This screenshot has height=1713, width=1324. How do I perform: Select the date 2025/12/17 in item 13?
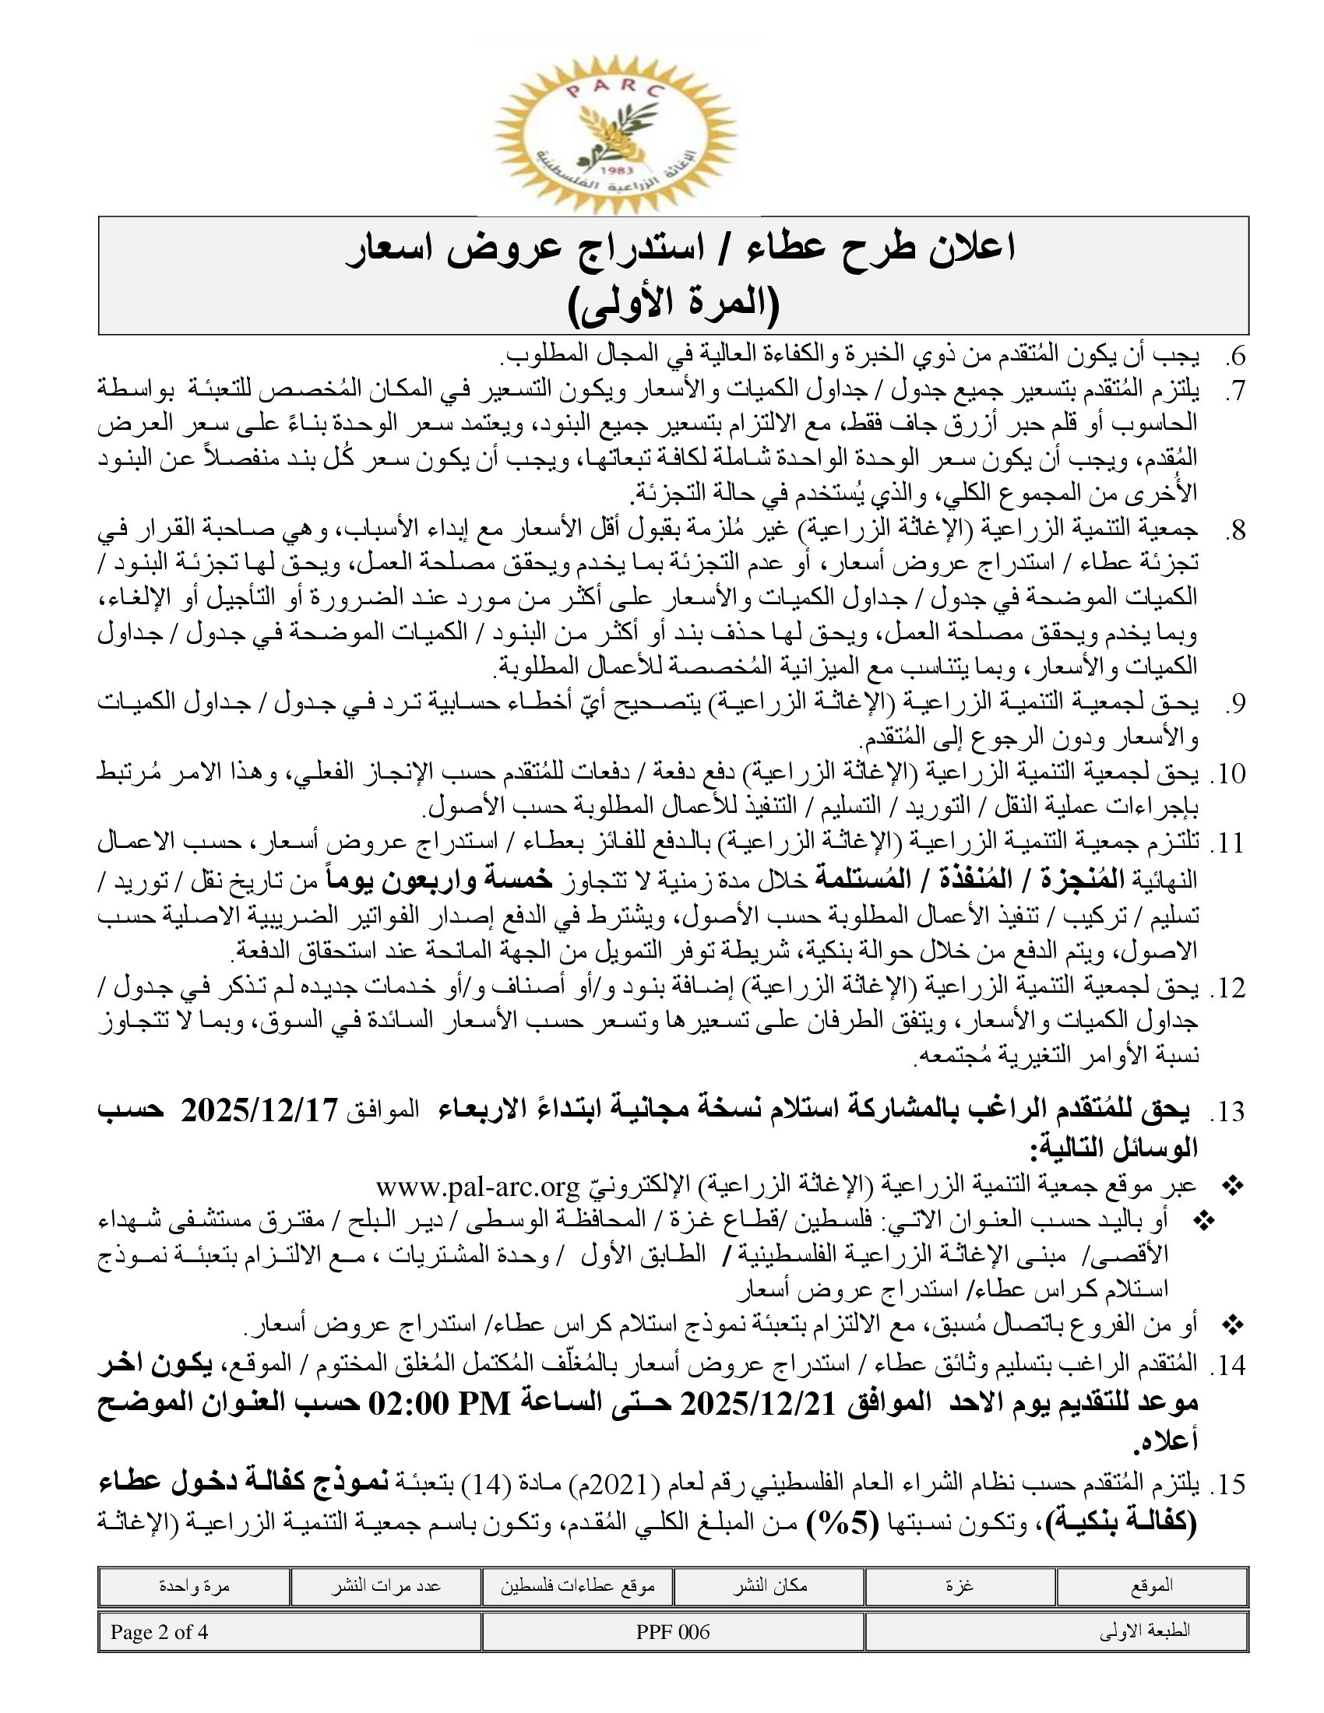point(259,1111)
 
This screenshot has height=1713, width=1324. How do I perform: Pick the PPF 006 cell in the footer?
point(673,1632)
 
